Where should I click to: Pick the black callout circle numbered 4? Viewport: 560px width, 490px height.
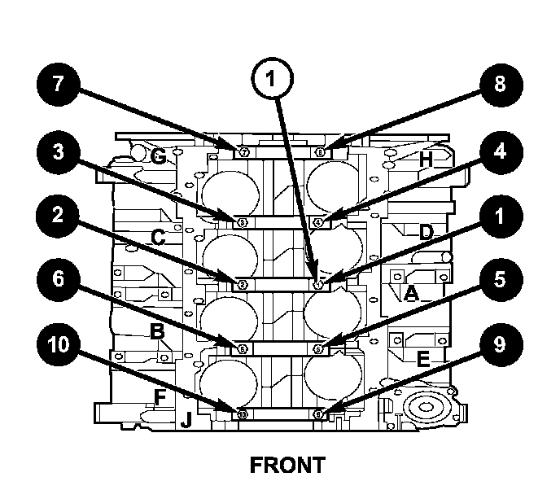click(497, 154)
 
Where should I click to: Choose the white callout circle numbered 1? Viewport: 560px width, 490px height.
click(274, 78)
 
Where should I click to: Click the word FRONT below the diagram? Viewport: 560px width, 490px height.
click(287, 466)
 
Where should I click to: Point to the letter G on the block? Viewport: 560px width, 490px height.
click(159, 156)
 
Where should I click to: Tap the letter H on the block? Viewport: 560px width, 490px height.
click(425, 160)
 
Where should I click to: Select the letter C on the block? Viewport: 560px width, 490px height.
click(159, 238)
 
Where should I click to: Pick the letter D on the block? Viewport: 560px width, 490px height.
click(425, 232)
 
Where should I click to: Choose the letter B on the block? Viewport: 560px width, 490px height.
click(156, 330)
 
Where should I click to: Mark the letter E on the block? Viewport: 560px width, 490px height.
click(422, 359)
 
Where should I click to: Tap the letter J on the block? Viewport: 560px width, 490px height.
click(186, 420)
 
